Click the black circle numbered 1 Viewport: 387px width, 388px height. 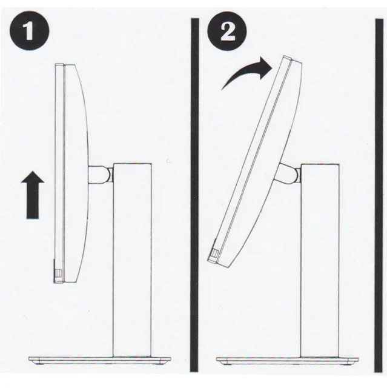[30, 31]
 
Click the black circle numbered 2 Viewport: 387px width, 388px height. [227, 31]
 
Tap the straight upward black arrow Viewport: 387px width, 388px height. [33, 195]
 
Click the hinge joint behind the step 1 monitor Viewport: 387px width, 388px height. [101, 175]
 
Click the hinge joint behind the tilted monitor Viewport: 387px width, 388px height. [288, 173]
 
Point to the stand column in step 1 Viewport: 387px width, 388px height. [132, 260]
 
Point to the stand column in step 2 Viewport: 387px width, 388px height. [320, 260]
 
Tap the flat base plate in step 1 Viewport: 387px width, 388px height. [99, 360]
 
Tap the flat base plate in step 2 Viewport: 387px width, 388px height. [288, 360]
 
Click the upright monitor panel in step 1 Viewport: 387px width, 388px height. [71, 173]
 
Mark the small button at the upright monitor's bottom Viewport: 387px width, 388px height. [58, 273]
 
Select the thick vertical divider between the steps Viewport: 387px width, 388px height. [195, 195]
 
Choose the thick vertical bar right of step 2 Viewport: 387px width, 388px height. [379, 195]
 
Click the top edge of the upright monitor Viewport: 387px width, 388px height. [65, 64]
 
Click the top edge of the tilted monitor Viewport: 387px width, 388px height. [293, 59]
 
